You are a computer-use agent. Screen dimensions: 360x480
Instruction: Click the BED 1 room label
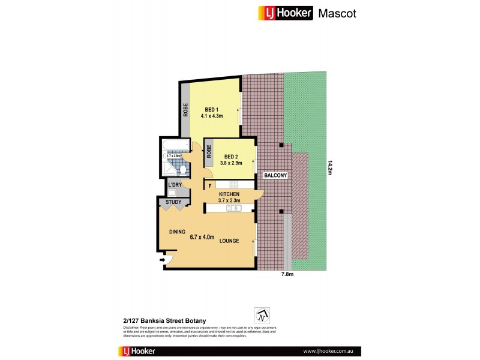pyautogui.click(x=211, y=109)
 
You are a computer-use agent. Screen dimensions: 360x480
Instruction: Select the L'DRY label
pyautogui.click(x=175, y=184)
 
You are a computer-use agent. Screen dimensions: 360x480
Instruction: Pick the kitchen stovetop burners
pyautogui.click(x=232, y=184)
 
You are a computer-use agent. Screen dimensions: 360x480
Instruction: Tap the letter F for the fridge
pyautogui.click(x=210, y=185)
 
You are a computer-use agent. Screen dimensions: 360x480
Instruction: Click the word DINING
pyautogui.click(x=177, y=232)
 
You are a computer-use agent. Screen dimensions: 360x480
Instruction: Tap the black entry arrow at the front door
pyautogui.click(x=162, y=260)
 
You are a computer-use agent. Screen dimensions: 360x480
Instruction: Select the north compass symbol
pyautogui.click(x=262, y=314)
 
